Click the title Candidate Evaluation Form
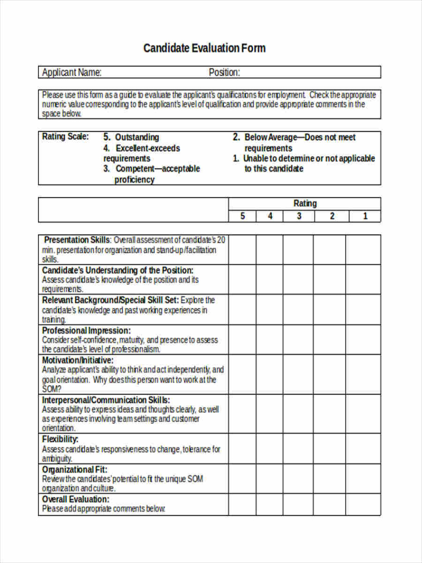204,48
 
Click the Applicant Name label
72,73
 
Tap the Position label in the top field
224,73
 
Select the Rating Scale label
65,136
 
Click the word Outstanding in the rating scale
137,137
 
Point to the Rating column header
305,203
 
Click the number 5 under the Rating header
242,216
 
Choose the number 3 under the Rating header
299,216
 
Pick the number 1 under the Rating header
365,216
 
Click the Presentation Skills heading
77,240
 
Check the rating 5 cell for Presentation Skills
242,249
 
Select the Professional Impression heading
86,330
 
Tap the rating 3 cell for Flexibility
298,448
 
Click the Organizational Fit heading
75,469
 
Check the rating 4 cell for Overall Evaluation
269,504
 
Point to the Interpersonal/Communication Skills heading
106,400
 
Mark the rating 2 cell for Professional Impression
329,339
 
